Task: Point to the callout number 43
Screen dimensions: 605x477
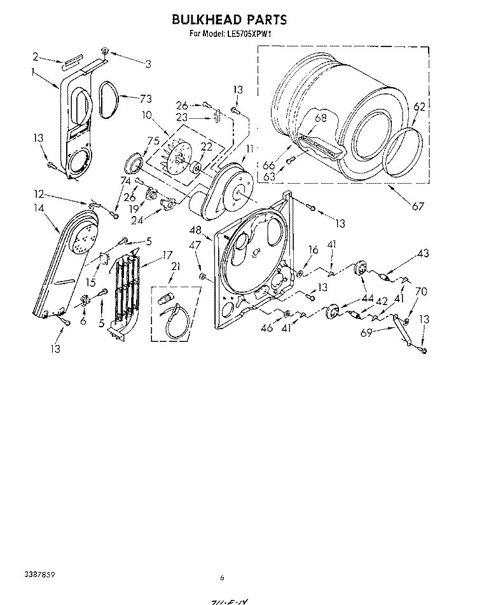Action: tap(422, 254)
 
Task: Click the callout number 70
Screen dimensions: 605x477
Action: tap(420, 292)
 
